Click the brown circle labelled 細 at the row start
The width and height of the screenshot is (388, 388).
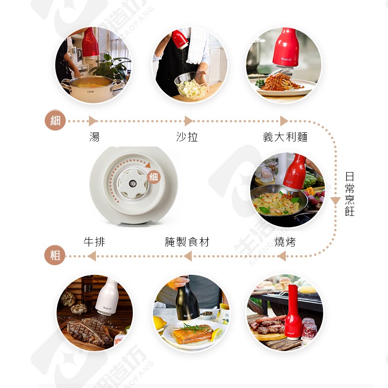coord(55,121)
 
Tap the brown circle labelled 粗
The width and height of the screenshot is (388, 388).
coord(55,255)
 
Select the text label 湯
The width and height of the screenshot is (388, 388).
coord(94,137)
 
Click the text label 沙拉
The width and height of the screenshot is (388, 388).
coord(187,137)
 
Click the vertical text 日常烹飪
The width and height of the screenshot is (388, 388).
coord(350,194)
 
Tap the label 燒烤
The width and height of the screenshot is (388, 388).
coord(285,242)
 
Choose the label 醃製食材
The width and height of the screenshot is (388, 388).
coord(187,242)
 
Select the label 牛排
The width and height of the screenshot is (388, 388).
coord(94,242)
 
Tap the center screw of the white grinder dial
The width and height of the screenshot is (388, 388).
coord(132,184)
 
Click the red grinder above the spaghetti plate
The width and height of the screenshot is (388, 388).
coord(286,48)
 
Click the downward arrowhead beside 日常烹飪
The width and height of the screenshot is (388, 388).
coord(336,201)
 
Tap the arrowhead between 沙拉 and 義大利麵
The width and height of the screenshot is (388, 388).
coord(283,121)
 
